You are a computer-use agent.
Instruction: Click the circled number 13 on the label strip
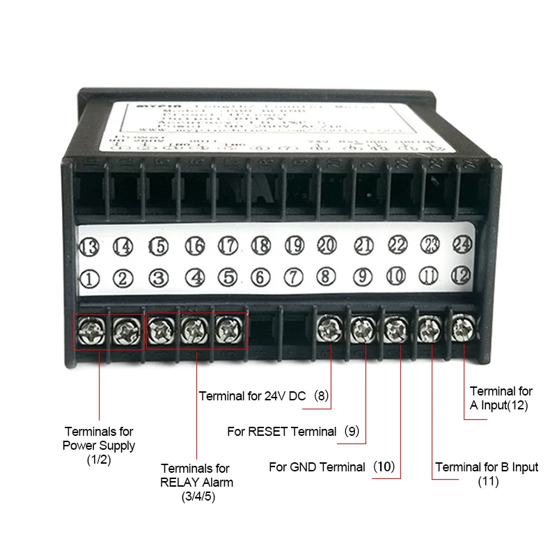90,246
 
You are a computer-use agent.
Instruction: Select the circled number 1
90,279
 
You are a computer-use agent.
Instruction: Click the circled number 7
295,277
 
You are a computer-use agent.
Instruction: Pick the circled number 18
260,245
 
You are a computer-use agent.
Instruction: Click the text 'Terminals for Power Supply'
99,439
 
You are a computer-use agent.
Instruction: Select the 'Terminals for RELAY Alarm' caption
196,476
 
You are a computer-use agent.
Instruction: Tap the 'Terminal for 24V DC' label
253,396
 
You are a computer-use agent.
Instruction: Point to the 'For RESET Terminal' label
282,432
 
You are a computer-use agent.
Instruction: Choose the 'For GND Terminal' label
317,466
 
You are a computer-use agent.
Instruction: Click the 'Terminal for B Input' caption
487,467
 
